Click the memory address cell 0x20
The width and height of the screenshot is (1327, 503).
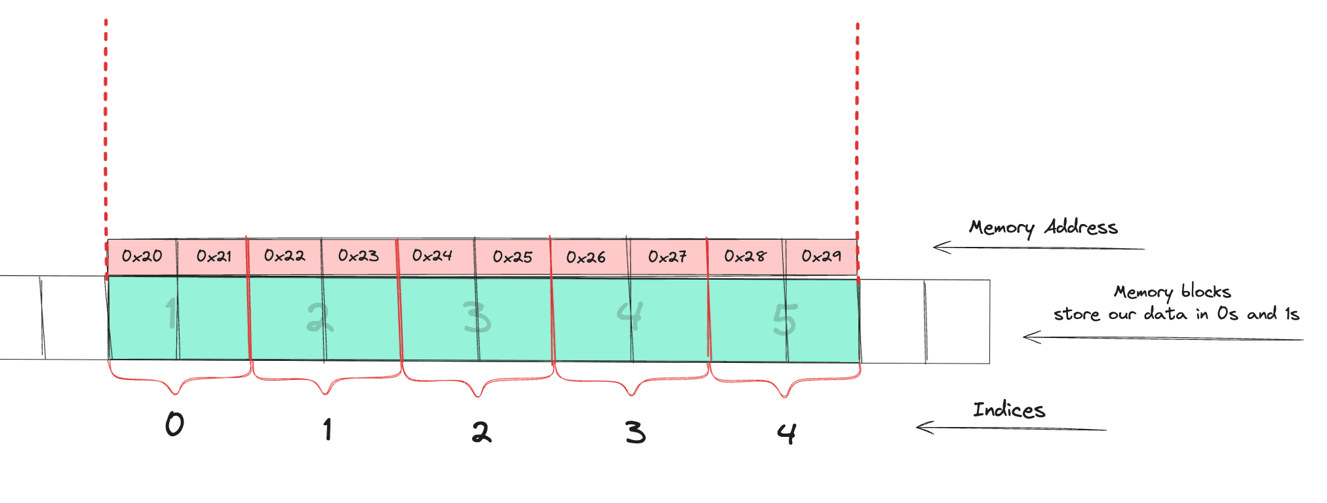142,256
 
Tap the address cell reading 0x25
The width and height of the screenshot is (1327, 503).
513,257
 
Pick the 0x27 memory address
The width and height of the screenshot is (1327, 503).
667,257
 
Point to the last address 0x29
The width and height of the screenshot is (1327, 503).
822,256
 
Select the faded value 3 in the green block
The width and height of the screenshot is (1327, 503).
477,318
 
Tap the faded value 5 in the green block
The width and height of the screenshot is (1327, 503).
785,320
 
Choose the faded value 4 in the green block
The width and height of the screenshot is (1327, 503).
630,315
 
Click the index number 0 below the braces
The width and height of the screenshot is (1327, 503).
174,424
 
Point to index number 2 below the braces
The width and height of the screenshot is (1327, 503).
481,432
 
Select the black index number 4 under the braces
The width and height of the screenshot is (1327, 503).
787,434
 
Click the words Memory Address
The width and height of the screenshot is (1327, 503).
1044,228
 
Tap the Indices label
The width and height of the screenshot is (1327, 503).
1009,410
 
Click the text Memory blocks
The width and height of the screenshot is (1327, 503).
1173,291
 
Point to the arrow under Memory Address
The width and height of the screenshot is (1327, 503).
1039,248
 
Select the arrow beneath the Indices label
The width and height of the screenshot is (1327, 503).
1011,428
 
